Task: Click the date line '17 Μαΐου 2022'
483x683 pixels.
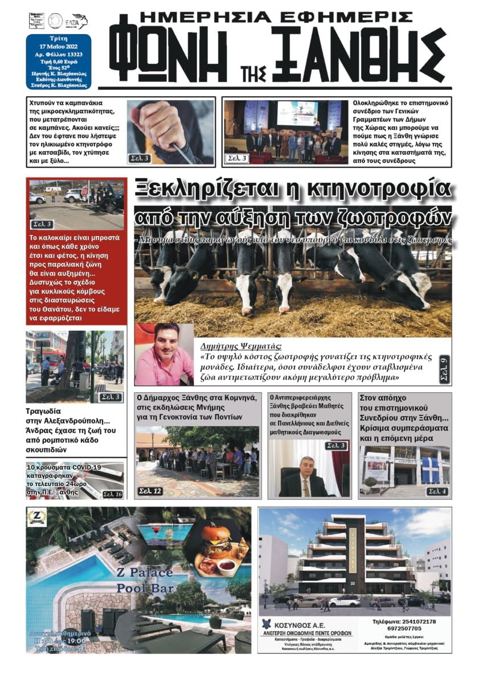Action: click(x=58, y=47)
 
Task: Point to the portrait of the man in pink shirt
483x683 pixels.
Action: click(x=163, y=354)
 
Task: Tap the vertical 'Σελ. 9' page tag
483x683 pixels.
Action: click(x=444, y=369)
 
